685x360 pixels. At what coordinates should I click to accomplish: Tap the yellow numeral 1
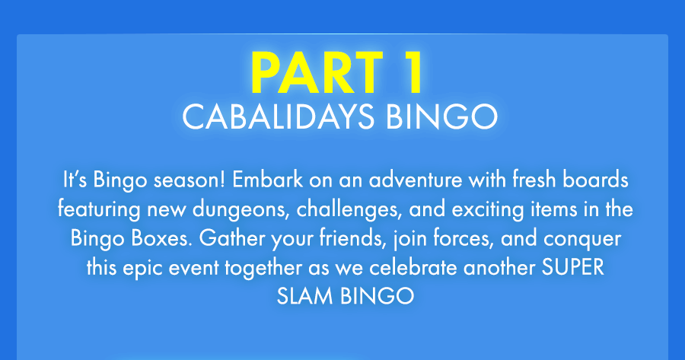[x=411, y=72]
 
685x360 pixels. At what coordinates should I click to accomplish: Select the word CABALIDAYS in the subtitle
[x=278, y=116]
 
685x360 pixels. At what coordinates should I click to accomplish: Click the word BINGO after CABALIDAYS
[x=441, y=116]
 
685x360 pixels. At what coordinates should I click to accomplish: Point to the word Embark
[x=267, y=180]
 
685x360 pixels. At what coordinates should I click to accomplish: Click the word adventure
[x=415, y=180]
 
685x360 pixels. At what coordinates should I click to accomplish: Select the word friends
[x=353, y=238]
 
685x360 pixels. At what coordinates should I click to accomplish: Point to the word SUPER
[x=572, y=267]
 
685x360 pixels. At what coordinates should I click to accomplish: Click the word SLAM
[x=305, y=296]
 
